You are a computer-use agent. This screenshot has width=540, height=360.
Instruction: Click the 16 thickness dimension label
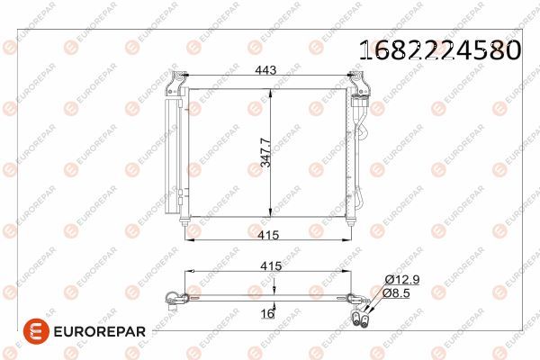pyautogui.click(x=266, y=315)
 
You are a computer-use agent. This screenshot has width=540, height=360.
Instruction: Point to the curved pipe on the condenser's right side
pyautogui.click(x=363, y=153)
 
